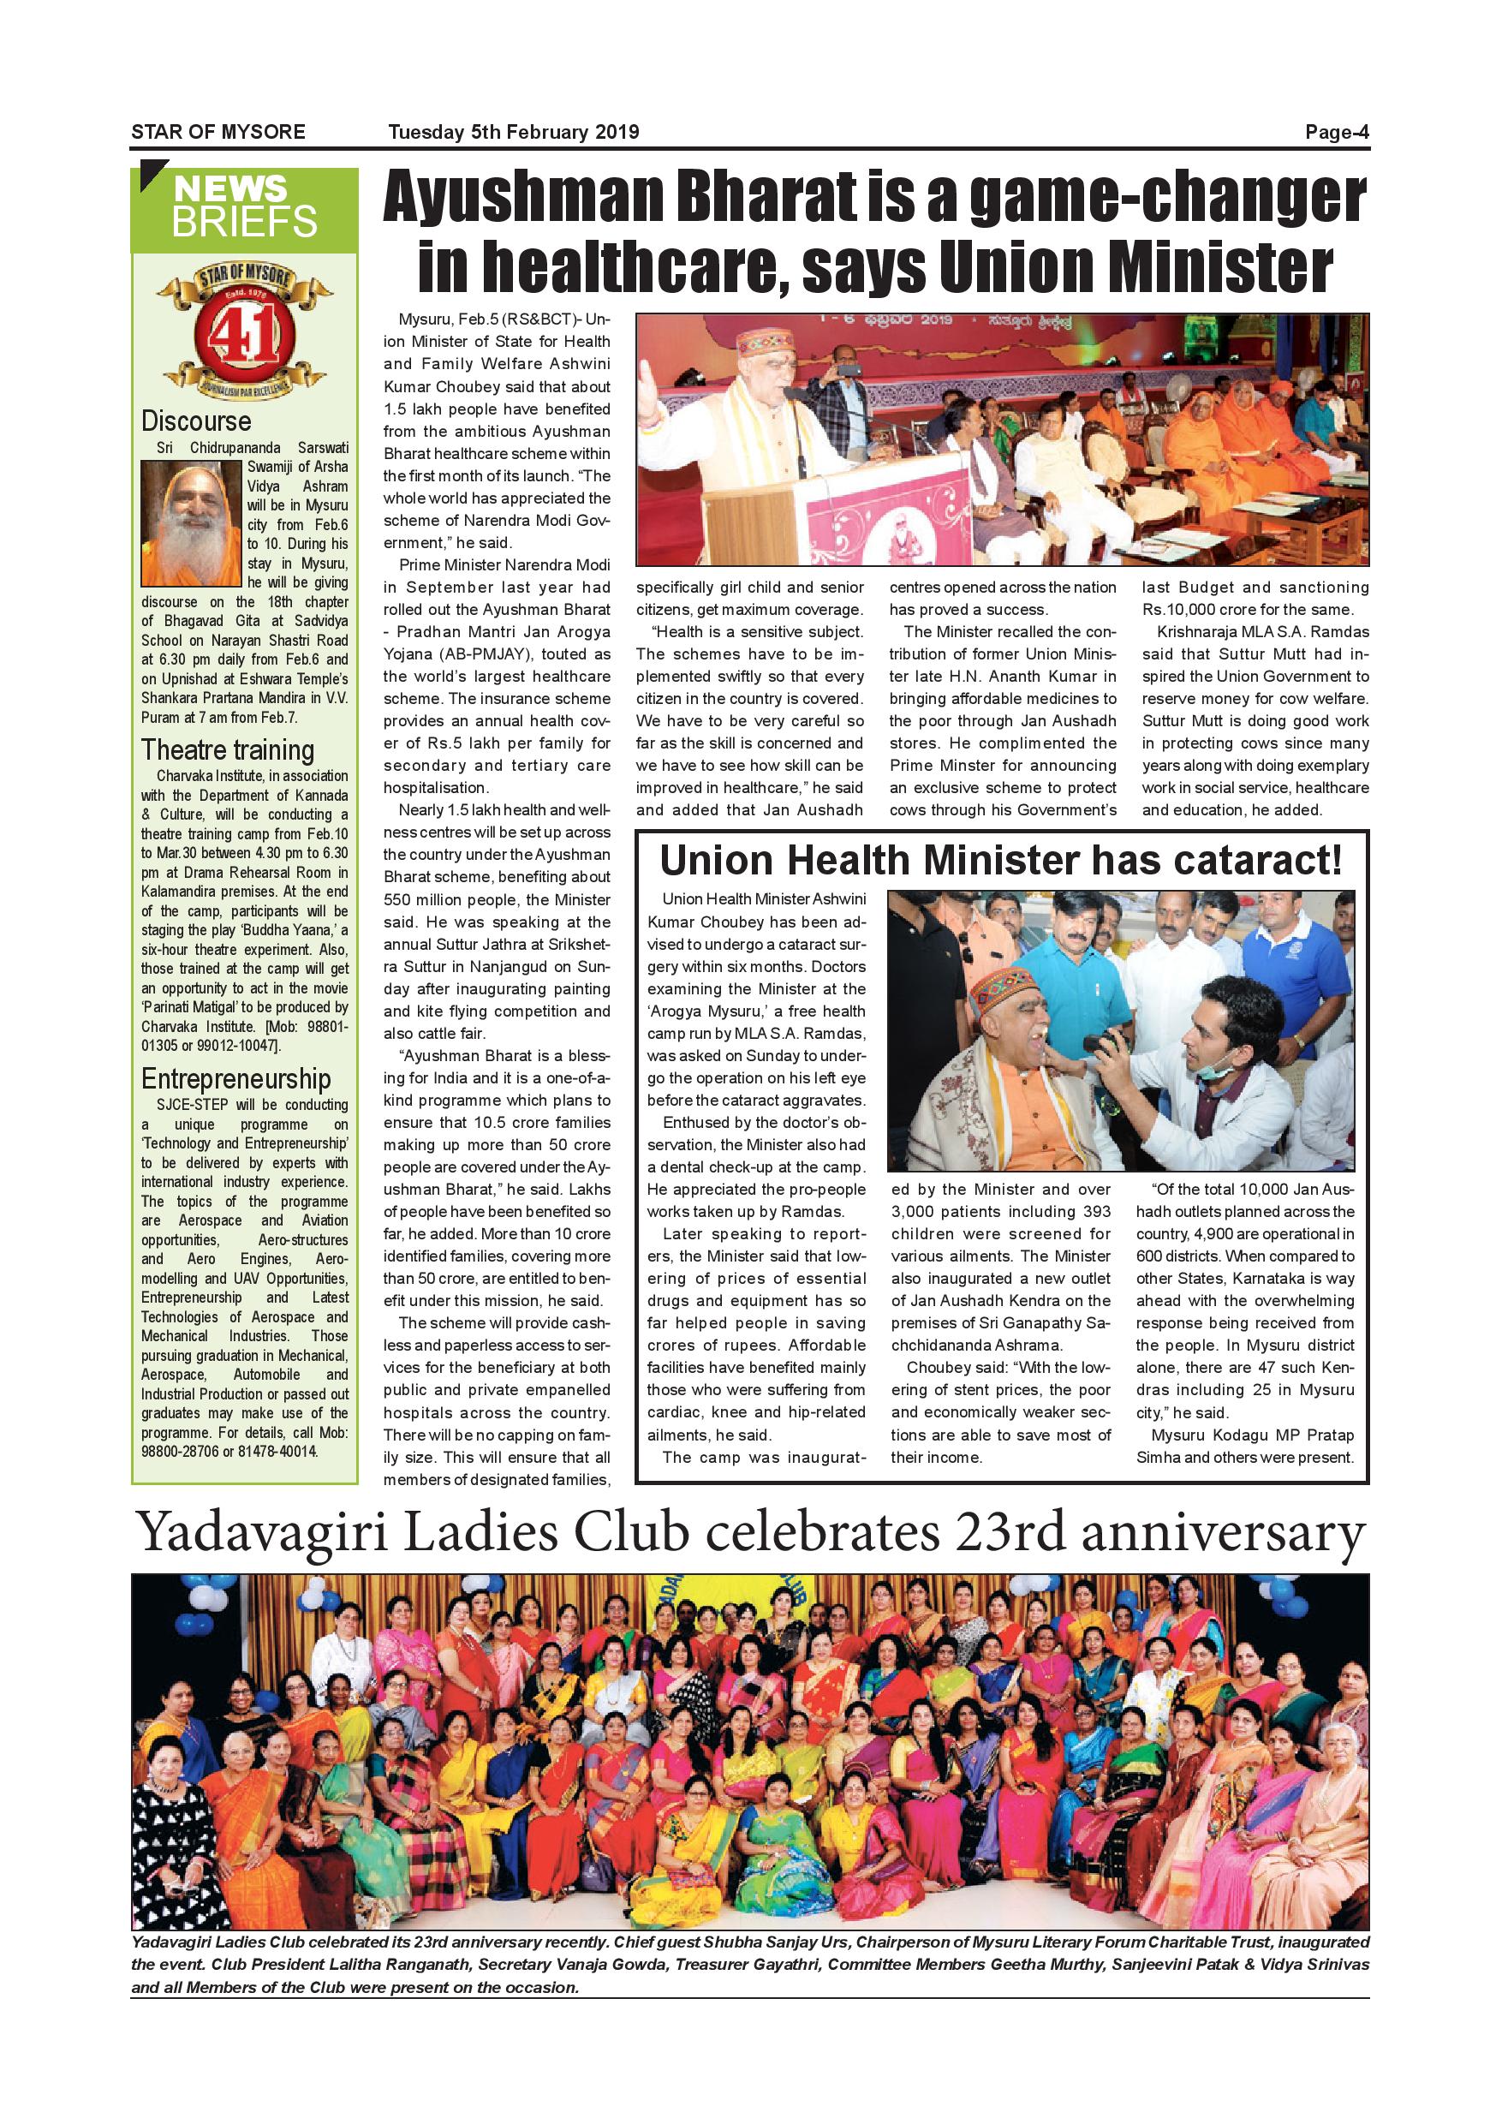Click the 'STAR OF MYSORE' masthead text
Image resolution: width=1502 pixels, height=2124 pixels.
coord(218,132)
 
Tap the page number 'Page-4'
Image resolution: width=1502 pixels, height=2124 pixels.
coord(1337,132)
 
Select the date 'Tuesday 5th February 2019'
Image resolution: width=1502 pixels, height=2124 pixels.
coord(513,132)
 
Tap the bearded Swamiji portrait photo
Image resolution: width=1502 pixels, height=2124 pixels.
coord(190,522)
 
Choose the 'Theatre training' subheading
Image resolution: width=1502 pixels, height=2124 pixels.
coord(228,749)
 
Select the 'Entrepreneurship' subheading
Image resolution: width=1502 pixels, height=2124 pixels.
coord(235,1078)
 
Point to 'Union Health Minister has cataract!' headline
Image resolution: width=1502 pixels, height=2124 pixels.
coord(1001,862)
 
